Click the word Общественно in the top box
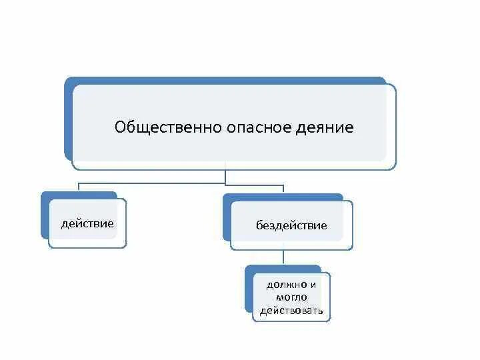pos(159,127)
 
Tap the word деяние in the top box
pos(324,127)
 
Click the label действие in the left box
pos(87,223)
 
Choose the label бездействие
pos(291,225)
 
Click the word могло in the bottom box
pos(291,297)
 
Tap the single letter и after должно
pos(313,285)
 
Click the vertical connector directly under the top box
pos(227,176)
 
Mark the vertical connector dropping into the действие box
pos(80,189)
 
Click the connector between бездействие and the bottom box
pos(285,258)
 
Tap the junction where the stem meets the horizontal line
pos(227,184)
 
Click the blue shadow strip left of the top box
pos(68,120)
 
